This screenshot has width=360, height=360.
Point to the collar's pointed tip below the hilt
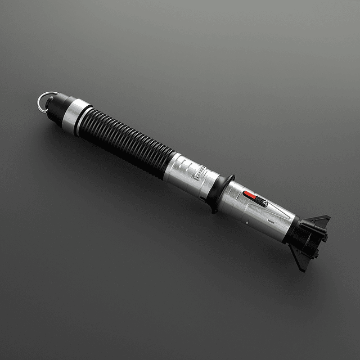[x=213, y=210]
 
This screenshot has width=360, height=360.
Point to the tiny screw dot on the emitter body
[x=246, y=220]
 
